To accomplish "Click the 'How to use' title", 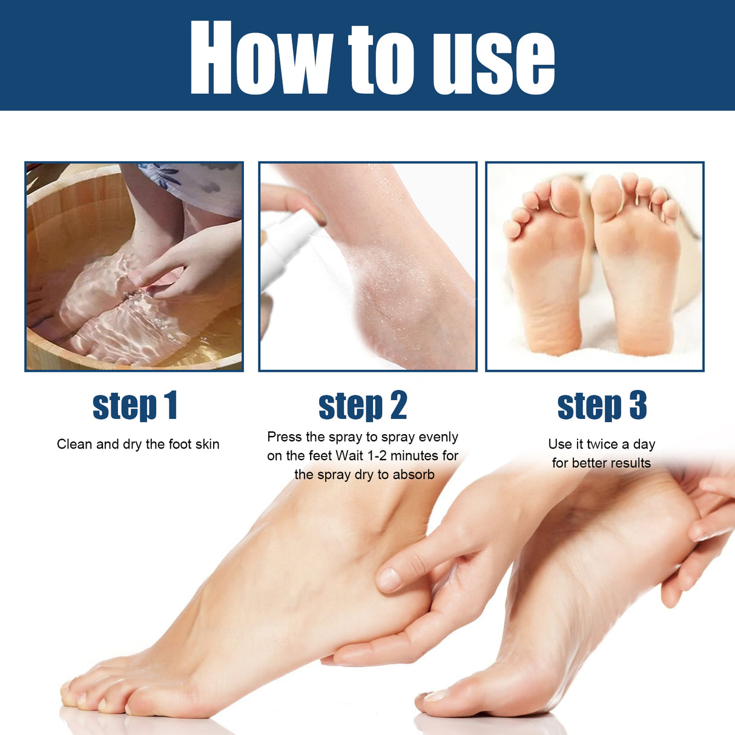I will point(372,58).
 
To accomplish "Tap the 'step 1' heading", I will point(134,406).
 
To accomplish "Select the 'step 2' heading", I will point(363,406).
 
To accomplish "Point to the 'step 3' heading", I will point(602,406).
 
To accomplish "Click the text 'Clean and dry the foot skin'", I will point(138,444).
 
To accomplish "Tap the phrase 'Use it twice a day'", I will point(601,444).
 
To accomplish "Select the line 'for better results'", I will point(601,463).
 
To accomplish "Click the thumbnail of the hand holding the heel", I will point(389,579).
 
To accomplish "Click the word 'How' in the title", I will point(260,58).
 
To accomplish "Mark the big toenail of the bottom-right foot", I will point(436,696).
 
